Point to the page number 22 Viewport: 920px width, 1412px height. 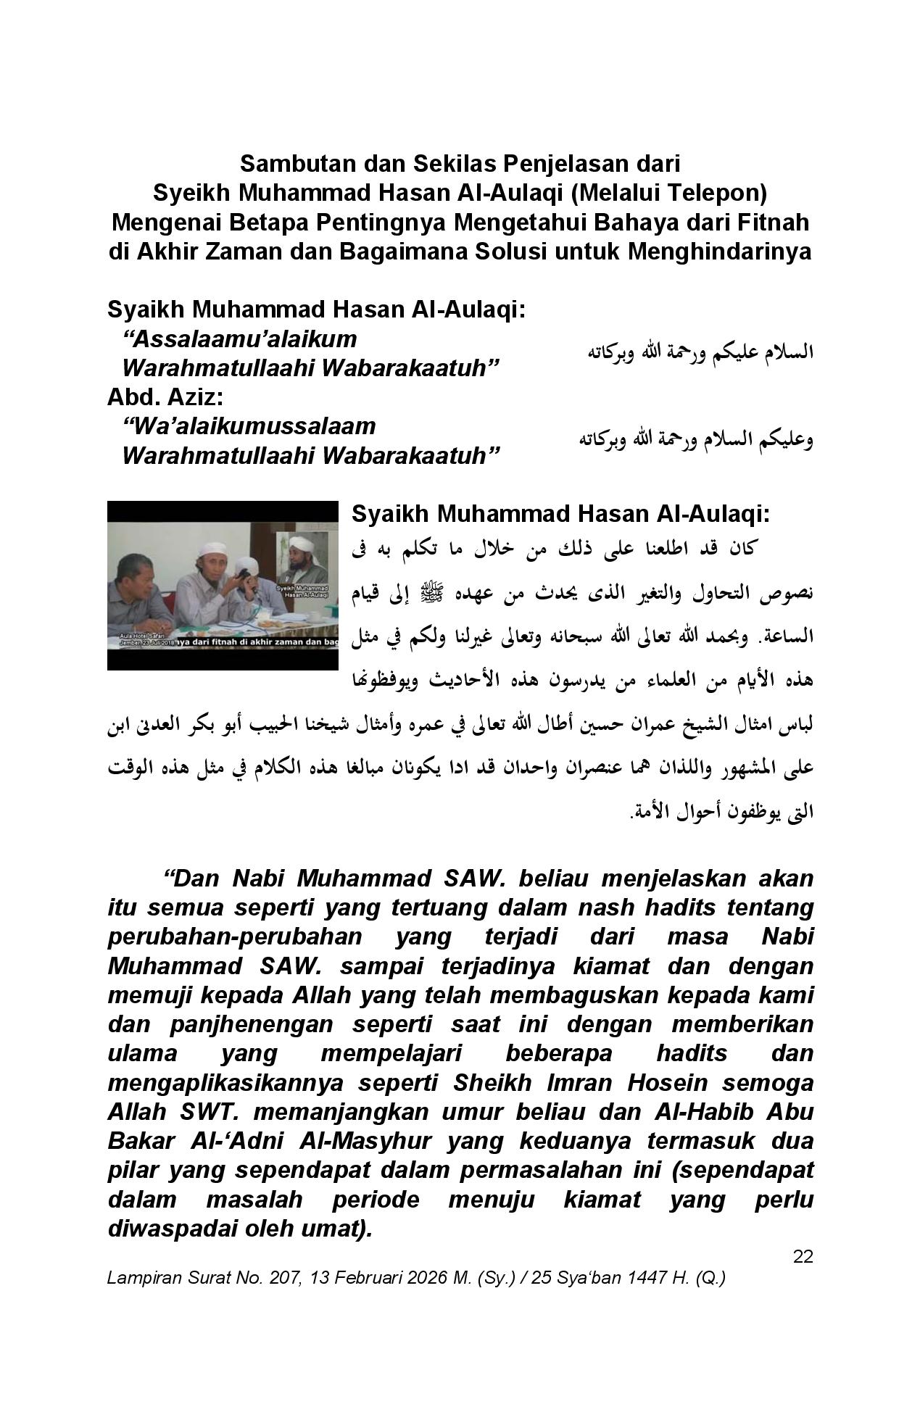pos(803,1256)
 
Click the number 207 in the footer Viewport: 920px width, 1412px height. pos(286,1278)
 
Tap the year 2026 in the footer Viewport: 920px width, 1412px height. pos(407,1278)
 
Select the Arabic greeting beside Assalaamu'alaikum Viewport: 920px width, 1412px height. pos(700,353)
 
